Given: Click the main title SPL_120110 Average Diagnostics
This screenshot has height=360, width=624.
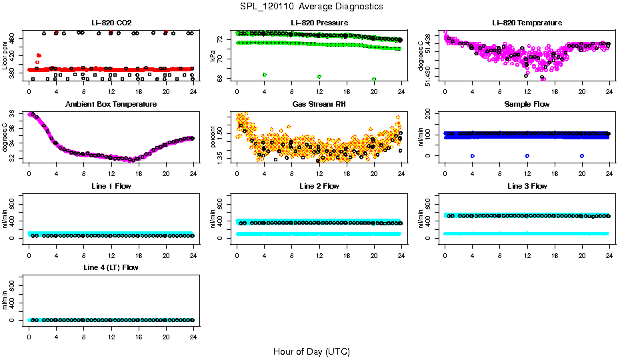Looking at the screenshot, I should coord(312,7).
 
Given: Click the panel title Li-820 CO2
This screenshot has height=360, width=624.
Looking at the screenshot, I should coord(111,23).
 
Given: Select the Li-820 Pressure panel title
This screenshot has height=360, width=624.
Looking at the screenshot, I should coord(319,23).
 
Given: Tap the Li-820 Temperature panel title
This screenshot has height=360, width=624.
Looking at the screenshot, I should coord(527,23).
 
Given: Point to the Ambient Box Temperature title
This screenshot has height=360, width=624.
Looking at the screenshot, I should coord(111,105).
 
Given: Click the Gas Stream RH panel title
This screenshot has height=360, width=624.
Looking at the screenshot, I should coord(319,105).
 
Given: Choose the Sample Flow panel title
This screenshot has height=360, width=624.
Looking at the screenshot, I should coord(527,105).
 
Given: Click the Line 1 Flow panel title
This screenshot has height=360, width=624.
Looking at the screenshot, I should coord(111,186).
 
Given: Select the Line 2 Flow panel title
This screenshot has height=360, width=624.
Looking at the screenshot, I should coord(319,186).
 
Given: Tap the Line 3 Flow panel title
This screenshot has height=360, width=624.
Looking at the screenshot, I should coord(527,186).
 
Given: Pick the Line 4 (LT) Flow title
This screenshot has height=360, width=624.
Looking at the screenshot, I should coord(111,267).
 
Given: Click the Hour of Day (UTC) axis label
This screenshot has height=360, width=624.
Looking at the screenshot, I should coord(311,351).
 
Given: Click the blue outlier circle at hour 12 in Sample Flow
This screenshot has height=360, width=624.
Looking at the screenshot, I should coord(527,155).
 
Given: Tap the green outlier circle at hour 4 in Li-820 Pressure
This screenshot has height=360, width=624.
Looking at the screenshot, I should coord(265,75).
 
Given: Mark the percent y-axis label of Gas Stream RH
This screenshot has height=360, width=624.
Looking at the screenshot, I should coord(213,137).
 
